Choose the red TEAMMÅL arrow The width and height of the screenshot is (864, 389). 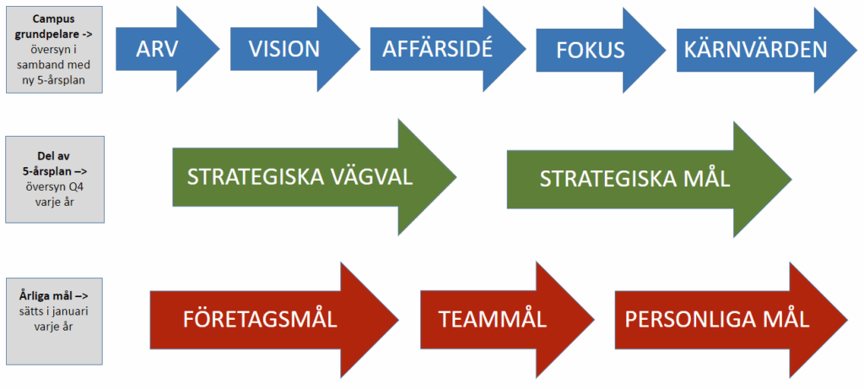(x=494, y=320)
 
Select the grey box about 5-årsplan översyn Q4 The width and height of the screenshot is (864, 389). (x=54, y=179)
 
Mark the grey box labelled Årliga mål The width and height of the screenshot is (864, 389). (x=54, y=320)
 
